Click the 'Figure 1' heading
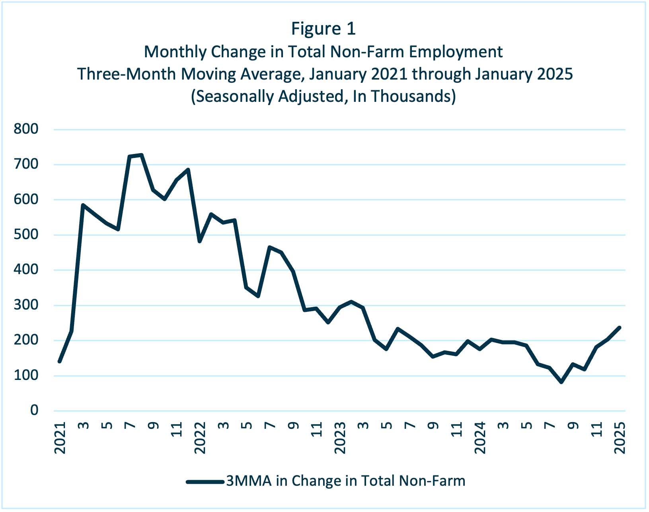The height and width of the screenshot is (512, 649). click(x=323, y=29)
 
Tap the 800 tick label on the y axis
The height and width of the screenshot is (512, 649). click(x=26, y=129)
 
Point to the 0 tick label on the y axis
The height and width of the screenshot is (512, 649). click(x=34, y=410)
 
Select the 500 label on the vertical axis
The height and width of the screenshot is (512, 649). click(x=26, y=235)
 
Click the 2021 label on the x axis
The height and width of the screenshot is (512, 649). click(x=60, y=438)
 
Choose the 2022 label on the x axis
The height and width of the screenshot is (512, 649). click(x=200, y=438)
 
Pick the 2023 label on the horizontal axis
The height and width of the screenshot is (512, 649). click(x=340, y=438)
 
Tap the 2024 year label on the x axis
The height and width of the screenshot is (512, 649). click(x=480, y=438)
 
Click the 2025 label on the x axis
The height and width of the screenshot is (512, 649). click(x=620, y=438)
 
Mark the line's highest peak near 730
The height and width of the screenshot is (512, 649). click(x=141, y=155)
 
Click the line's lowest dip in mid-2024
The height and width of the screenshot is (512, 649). click(x=561, y=382)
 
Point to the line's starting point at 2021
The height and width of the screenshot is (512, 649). click(x=60, y=361)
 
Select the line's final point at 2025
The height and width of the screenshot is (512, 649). click(x=620, y=327)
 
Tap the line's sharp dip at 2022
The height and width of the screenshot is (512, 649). click(x=200, y=241)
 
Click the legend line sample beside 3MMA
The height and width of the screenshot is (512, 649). click(x=205, y=481)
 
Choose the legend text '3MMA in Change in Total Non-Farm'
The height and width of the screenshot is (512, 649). click(x=346, y=481)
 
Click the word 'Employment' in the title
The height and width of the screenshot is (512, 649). click(x=456, y=52)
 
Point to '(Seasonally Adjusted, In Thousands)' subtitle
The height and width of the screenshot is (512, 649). click(x=323, y=97)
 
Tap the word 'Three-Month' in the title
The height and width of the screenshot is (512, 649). click(x=127, y=74)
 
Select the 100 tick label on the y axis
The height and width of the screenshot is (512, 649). click(x=26, y=375)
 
